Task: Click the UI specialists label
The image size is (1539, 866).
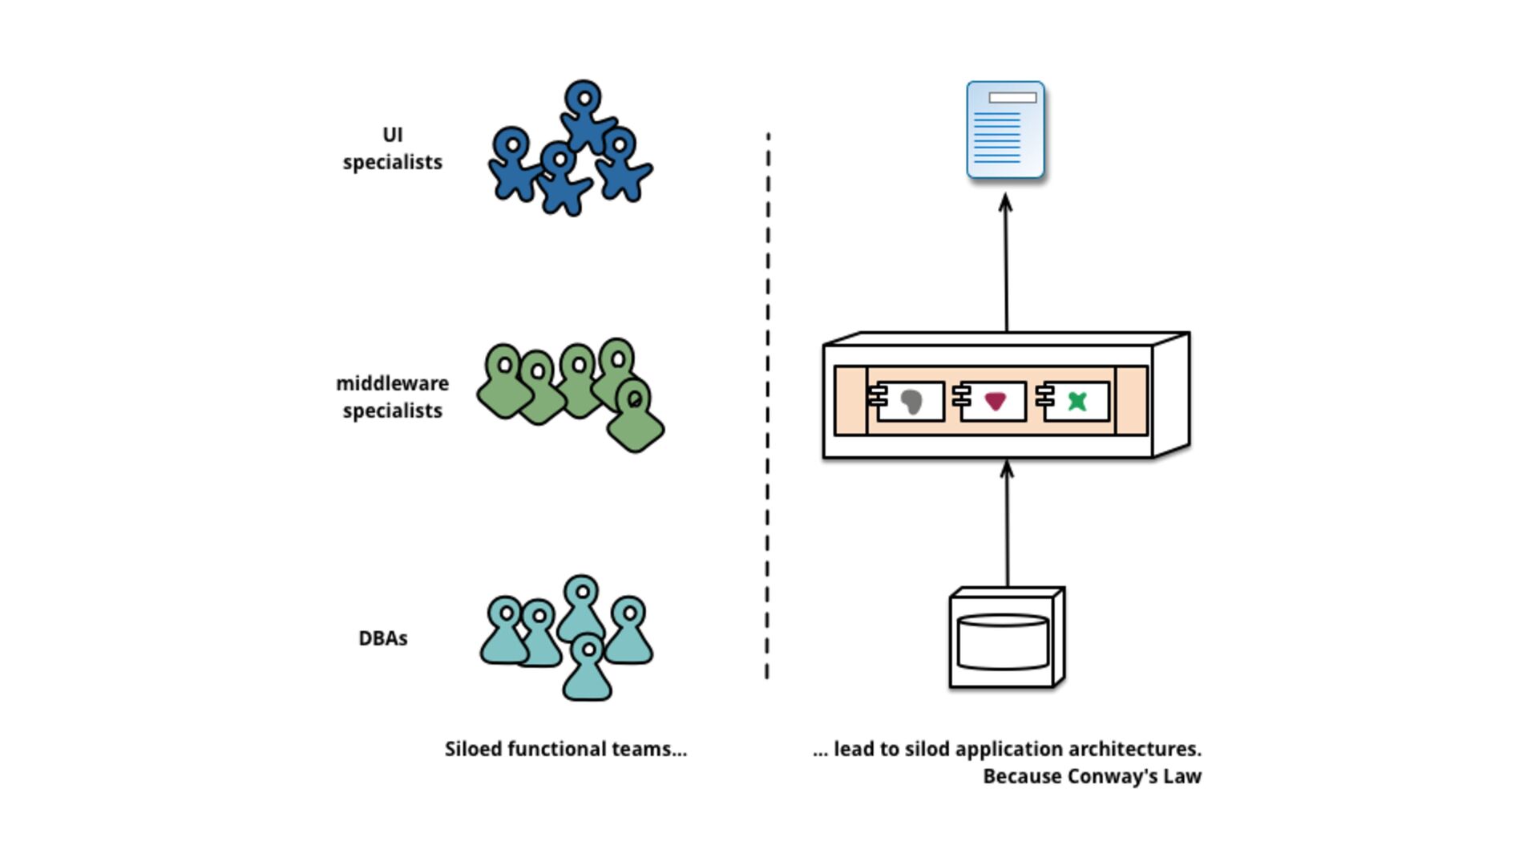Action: coord(392,148)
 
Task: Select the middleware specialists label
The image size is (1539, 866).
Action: coord(392,397)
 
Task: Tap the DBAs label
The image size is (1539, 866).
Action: coord(383,638)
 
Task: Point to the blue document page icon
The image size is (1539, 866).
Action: coord(1005,129)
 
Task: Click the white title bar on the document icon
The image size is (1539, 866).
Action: coord(1012,98)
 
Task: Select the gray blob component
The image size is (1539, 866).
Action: coord(911,401)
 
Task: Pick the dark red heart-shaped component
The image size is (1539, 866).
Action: coord(995,401)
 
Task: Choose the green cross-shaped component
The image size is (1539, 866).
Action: coord(1077,401)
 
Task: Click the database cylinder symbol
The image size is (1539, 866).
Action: coord(1003,641)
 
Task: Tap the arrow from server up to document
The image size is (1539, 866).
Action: coord(1006,263)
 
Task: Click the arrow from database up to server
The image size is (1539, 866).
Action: coord(1007,524)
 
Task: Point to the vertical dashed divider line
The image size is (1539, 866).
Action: coord(768,406)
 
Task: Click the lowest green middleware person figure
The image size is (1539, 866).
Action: coord(636,415)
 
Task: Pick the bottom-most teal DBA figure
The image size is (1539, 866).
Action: coord(588,667)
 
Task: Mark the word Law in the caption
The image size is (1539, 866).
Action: coord(1186,776)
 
